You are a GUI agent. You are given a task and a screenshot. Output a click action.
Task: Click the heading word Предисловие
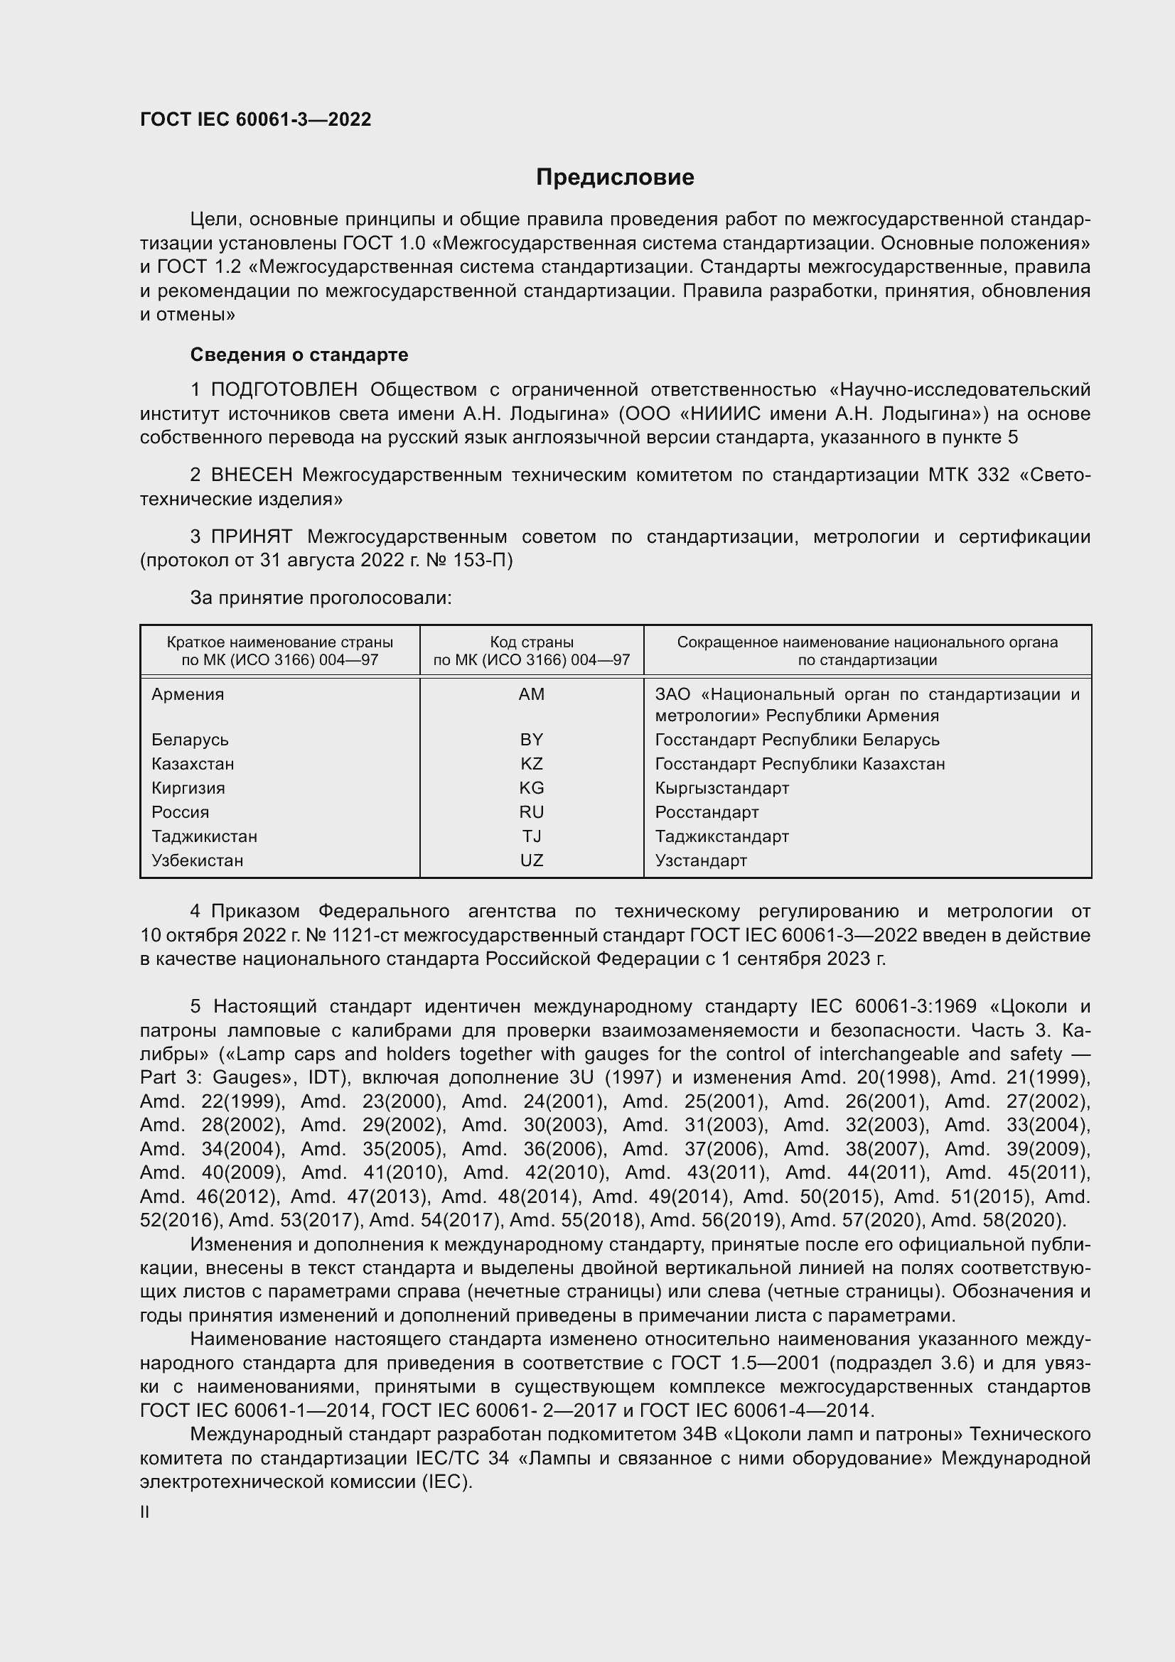[x=615, y=178]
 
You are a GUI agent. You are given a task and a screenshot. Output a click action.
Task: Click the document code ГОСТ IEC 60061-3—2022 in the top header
[x=256, y=119]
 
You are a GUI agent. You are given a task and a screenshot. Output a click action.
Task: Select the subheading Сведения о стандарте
[x=299, y=355]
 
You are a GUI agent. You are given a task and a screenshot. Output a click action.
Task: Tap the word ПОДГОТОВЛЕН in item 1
[x=284, y=390]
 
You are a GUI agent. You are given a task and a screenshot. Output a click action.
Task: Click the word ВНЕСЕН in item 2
[x=251, y=475]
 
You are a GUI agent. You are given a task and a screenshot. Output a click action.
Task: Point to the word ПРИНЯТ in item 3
[x=251, y=536]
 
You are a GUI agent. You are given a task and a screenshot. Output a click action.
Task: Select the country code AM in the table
[x=532, y=694]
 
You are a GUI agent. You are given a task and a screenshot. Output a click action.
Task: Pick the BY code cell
[x=532, y=740]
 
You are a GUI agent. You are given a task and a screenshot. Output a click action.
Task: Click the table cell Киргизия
[x=188, y=787]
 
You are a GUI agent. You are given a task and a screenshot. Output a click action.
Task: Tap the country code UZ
[x=532, y=860]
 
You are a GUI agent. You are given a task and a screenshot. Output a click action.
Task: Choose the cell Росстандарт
[x=707, y=812]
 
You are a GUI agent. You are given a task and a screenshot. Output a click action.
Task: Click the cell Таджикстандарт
[x=721, y=836]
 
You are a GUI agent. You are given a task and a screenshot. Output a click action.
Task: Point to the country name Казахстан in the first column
[x=193, y=764]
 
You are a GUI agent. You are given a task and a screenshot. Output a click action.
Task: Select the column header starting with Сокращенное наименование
[x=867, y=651]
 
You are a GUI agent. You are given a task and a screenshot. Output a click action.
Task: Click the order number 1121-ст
[x=365, y=935]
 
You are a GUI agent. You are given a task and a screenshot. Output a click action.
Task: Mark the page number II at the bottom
[x=145, y=1512]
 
